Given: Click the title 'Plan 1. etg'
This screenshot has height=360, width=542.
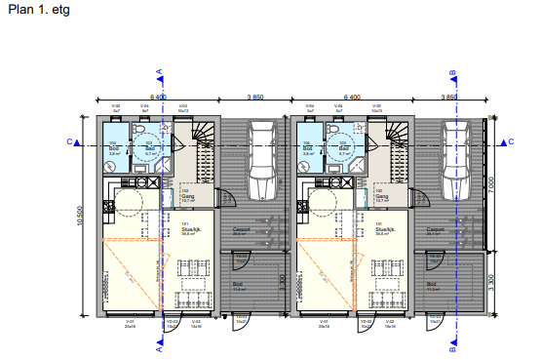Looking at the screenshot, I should pyautogui.click(x=32, y=11).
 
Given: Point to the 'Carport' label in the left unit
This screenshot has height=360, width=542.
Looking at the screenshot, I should pyautogui.click(x=241, y=230).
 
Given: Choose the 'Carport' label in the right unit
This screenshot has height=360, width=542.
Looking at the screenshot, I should pyautogui.click(x=435, y=230).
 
